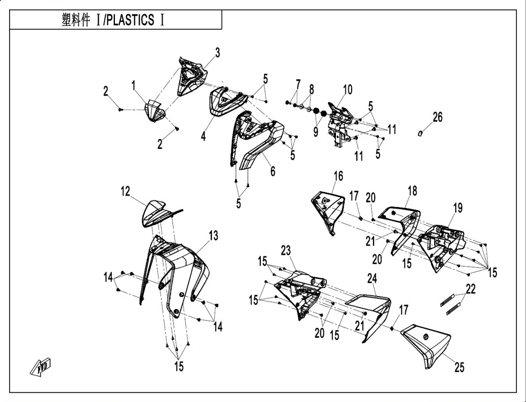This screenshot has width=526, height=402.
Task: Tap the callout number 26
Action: [x=437, y=117]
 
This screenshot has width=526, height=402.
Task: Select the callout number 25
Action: [x=459, y=368]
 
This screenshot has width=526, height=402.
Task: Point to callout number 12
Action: [x=125, y=191]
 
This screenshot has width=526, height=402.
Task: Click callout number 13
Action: [x=214, y=236]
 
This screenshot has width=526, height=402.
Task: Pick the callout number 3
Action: [x=218, y=53]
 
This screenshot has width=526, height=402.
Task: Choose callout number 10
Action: [x=348, y=90]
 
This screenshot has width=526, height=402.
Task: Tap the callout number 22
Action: [x=471, y=289]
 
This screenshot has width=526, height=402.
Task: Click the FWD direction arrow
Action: [x=40, y=367]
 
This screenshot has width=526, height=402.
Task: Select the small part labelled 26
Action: [x=419, y=134]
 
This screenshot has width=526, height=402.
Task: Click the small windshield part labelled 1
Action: [x=155, y=111]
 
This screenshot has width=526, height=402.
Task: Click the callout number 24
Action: [x=372, y=278]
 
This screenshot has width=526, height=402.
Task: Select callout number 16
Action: [x=339, y=176]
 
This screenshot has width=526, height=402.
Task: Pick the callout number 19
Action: [x=458, y=208]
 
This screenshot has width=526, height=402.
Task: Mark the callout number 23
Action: [x=286, y=250]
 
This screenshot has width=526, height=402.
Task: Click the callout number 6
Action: [x=273, y=171]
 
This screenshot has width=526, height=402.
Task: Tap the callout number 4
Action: [x=203, y=137]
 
